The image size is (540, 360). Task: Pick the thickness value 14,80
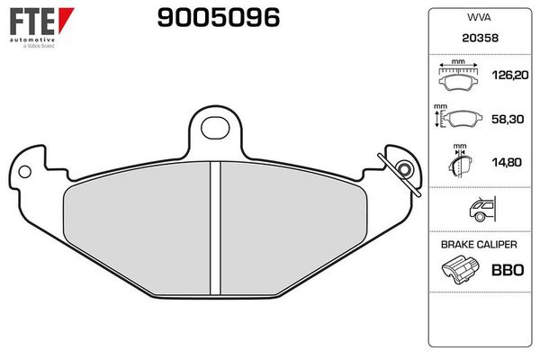click(503, 164)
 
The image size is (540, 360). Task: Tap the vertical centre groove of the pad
click(215, 229)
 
